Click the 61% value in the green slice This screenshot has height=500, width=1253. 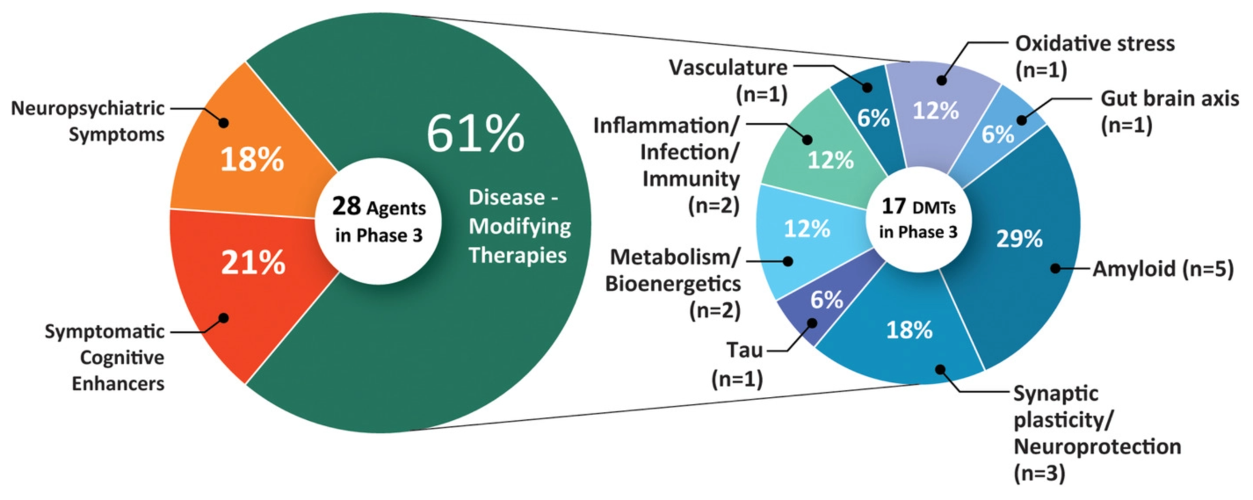pos(475,133)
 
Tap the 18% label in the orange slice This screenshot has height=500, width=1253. pos(252,159)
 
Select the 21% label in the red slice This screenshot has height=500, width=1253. pos(253,262)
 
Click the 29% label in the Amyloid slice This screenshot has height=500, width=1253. pos(1019,239)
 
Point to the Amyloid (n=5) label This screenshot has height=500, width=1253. pos(1163,269)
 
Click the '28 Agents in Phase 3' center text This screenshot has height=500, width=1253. pos(379,220)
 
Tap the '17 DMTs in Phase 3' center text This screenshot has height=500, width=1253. pos(918,219)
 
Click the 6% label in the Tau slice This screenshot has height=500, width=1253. pos(826,300)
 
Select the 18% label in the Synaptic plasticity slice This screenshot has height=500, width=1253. pos(909,330)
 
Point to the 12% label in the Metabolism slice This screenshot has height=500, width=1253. pos(807,228)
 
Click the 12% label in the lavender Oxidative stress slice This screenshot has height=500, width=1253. pos(935,110)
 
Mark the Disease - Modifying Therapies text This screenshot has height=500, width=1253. pos(519,226)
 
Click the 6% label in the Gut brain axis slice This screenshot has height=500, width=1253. pos(998,134)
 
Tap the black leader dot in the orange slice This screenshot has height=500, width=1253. pos(223,123)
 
